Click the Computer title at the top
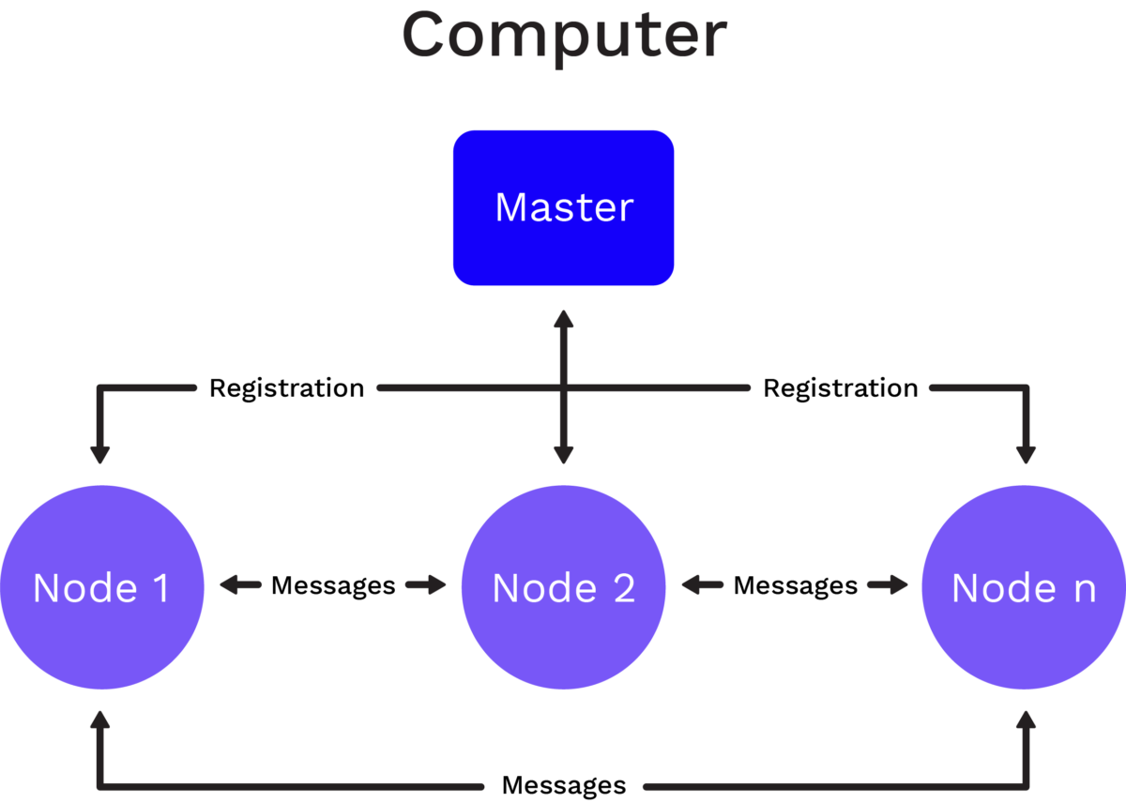click(x=564, y=38)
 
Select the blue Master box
click(x=564, y=207)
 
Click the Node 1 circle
click(x=102, y=587)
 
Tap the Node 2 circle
click(x=564, y=587)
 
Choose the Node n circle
click(x=1024, y=587)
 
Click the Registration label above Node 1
click(x=286, y=389)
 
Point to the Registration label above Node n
click(x=841, y=389)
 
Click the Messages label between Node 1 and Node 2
click(x=333, y=586)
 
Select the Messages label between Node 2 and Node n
click(x=796, y=586)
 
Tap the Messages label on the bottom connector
click(x=564, y=786)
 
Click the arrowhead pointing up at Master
click(x=564, y=319)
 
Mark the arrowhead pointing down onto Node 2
click(x=564, y=455)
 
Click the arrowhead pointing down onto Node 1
click(x=100, y=455)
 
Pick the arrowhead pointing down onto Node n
click(x=1026, y=455)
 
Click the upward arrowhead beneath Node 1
click(x=100, y=720)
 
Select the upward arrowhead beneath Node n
click(x=1026, y=720)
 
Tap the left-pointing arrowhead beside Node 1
click(x=229, y=585)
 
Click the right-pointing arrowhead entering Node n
click(x=898, y=585)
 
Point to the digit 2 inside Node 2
click(x=624, y=588)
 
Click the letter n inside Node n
click(x=1085, y=591)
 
